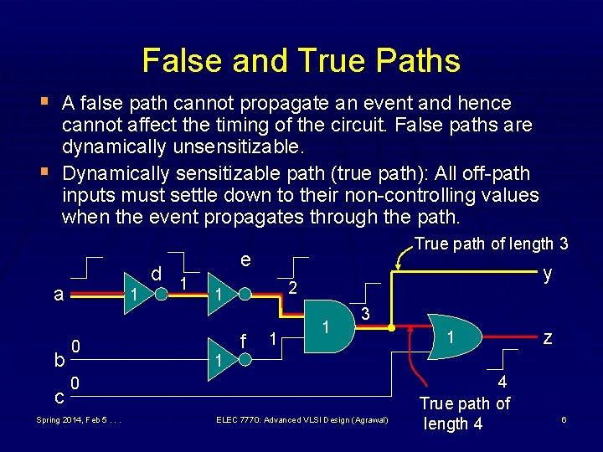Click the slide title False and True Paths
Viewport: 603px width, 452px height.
(x=301, y=60)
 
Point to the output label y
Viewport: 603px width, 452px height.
(x=548, y=273)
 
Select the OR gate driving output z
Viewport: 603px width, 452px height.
(x=452, y=336)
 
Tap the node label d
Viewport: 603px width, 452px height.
(x=156, y=273)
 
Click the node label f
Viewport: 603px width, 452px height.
(x=243, y=341)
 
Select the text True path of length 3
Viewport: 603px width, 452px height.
(x=492, y=244)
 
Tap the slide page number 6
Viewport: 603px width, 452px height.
(x=564, y=419)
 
